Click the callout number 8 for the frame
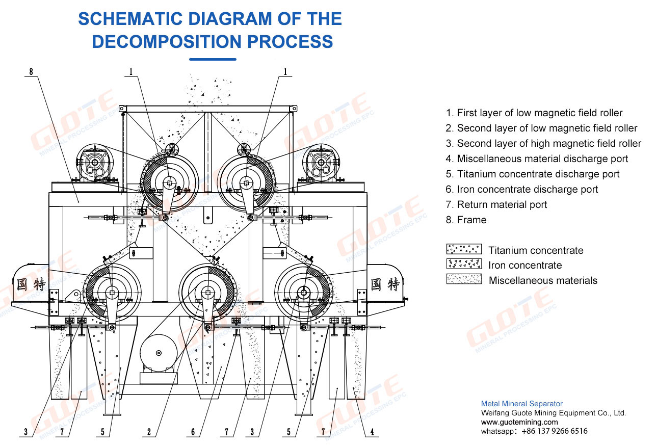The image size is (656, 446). click(31, 71)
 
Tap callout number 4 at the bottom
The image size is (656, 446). click(372, 432)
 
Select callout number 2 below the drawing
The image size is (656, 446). click(149, 432)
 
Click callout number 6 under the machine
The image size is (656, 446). click(193, 432)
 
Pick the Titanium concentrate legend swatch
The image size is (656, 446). click(464, 249)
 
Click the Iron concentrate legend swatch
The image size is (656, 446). click(464, 264)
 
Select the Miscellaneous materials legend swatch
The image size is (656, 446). click(464, 279)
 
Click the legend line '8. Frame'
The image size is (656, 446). click(466, 220)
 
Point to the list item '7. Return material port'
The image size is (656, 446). click(496, 204)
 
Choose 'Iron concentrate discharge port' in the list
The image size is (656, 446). click(528, 189)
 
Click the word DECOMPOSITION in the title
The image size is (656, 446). click(167, 41)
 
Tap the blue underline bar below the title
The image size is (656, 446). click(213, 60)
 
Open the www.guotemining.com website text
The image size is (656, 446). click(519, 422)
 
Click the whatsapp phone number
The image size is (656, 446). click(555, 431)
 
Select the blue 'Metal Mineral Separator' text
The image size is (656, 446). click(521, 404)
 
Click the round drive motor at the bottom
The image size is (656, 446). click(159, 353)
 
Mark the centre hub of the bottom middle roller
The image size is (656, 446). click(207, 293)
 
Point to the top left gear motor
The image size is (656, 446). click(95, 163)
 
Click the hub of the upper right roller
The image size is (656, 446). click(246, 183)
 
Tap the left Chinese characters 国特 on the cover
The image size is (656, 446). click(31, 284)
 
